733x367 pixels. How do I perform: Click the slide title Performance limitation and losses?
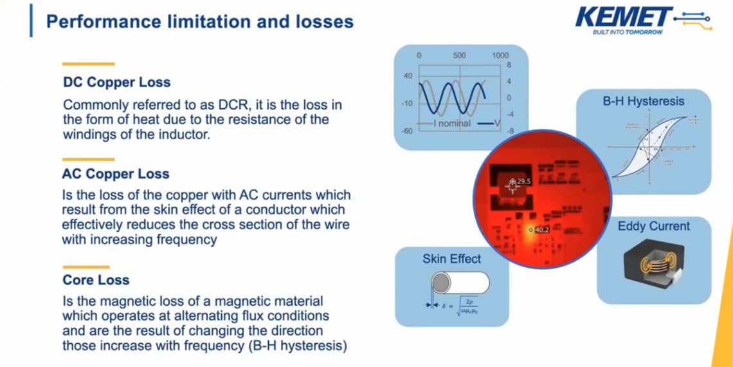(x=200, y=21)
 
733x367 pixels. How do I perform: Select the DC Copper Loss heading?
(x=116, y=82)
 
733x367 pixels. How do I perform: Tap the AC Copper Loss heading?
(x=116, y=174)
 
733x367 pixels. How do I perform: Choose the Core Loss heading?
(x=96, y=280)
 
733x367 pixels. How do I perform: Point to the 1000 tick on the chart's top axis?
(x=500, y=55)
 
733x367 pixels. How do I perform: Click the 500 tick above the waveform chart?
(x=459, y=55)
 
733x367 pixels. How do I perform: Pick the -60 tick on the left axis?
(x=408, y=131)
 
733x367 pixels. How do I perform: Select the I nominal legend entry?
(x=448, y=123)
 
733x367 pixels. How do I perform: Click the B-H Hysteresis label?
(x=643, y=101)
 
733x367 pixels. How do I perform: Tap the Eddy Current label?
(x=653, y=226)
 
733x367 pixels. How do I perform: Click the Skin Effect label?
(x=451, y=259)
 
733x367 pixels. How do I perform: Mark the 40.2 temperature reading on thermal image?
(x=541, y=230)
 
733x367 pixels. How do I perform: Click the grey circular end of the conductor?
(x=440, y=283)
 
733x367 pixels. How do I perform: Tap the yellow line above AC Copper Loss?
(x=87, y=159)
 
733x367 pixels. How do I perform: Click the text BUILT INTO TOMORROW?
(x=627, y=32)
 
